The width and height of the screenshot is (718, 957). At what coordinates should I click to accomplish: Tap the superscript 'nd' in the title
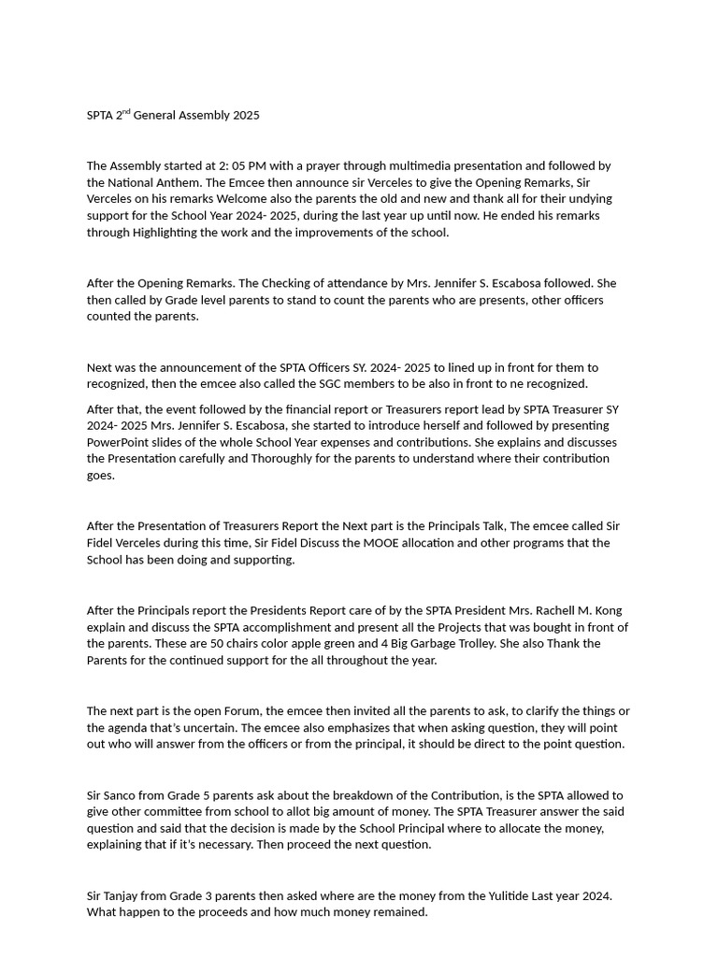coord(126,112)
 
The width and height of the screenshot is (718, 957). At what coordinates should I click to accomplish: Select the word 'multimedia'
coord(416,166)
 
